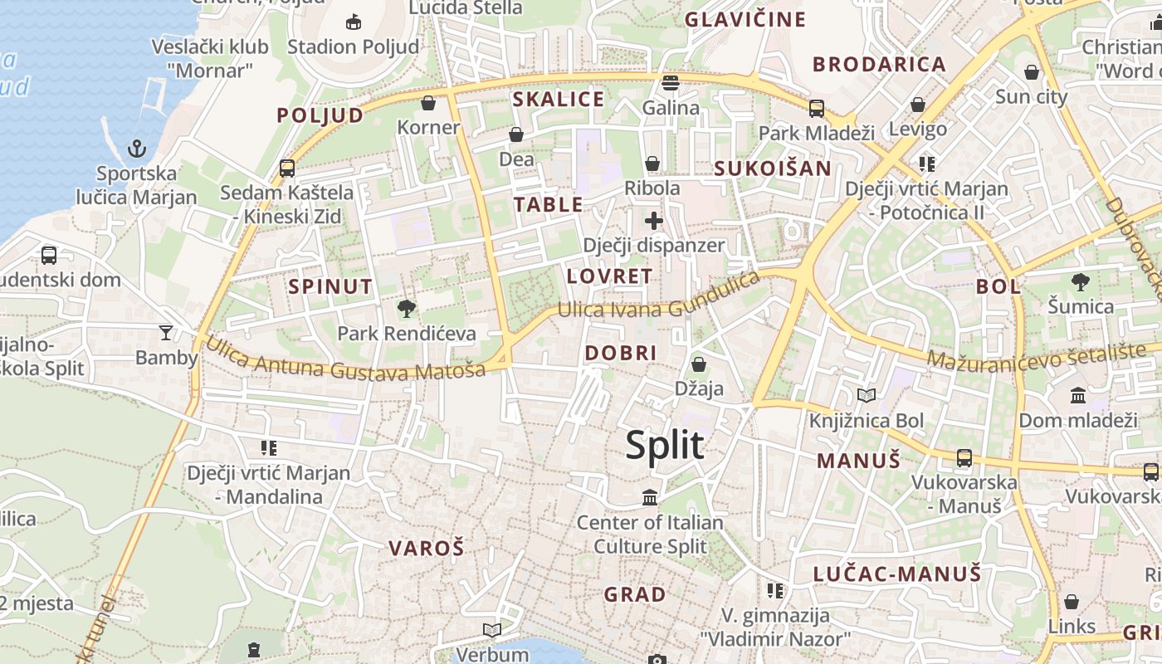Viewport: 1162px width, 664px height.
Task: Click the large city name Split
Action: [x=665, y=446]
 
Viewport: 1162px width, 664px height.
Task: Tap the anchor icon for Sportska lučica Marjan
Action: [x=137, y=149]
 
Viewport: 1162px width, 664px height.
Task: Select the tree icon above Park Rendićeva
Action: [x=407, y=310]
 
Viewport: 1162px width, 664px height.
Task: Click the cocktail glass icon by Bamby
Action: [x=166, y=333]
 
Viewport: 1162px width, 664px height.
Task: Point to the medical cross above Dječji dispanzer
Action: [x=654, y=221]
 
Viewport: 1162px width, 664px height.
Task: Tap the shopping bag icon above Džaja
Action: [x=699, y=364]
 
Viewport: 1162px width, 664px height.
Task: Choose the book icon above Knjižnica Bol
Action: [x=867, y=396]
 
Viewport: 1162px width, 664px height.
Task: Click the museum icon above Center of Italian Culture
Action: [x=650, y=498]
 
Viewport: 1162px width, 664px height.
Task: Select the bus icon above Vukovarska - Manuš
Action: [x=964, y=457]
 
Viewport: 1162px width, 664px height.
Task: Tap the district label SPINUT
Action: [x=330, y=287]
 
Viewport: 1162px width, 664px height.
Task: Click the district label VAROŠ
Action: [x=427, y=548]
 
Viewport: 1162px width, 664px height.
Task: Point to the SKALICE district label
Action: [x=559, y=100]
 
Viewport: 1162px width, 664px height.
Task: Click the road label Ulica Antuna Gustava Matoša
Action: [x=344, y=359]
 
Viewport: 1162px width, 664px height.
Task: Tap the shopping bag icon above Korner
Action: [x=428, y=103]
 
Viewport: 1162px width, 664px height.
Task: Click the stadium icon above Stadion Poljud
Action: [x=353, y=22]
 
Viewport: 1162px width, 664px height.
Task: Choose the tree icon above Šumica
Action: [x=1080, y=282]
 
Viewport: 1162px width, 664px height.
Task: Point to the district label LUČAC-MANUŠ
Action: [x=897, y=574]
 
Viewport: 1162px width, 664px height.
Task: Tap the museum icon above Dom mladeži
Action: [x=1078, y=395]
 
